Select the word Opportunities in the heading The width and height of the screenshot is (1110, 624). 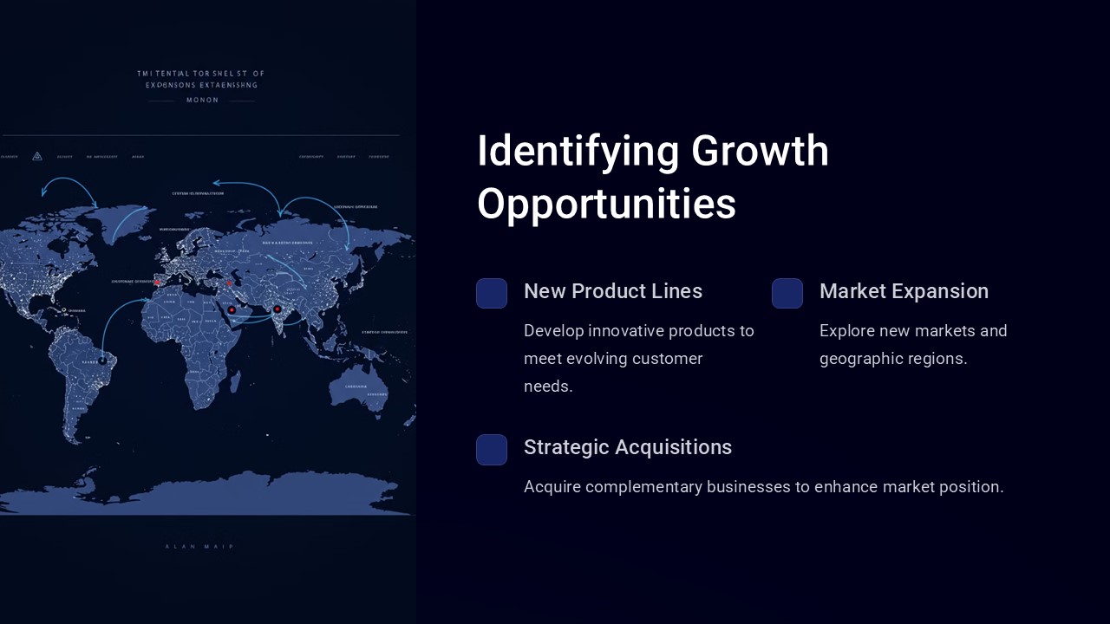606,205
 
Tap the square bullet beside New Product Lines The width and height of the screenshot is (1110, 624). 492,293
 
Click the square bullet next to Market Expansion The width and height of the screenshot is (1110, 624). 787,293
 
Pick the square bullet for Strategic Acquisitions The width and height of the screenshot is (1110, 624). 492,449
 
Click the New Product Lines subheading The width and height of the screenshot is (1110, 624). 613,291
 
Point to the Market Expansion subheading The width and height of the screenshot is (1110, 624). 904,291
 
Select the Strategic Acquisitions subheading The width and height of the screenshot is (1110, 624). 628,447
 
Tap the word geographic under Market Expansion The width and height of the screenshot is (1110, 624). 860,359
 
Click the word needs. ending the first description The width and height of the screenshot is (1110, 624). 548,387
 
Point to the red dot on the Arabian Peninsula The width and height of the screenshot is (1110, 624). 232,309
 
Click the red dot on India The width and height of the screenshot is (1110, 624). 277,309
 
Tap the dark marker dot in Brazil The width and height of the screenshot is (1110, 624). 102,359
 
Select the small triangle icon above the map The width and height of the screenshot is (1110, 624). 37,156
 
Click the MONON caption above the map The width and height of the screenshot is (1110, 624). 203,101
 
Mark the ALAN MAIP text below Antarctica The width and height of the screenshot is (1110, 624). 199,546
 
